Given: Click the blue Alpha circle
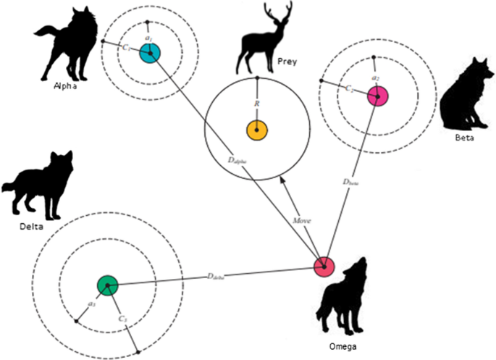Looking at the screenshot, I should [x=149, y=52].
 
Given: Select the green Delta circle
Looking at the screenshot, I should [x=107, y=285].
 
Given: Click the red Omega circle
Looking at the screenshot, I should [x=324, y=266].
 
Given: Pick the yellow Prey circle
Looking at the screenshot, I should [x=257, y=130].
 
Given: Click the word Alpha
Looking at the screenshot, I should [x=64, y=84].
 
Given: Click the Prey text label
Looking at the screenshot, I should [x=287, y=62].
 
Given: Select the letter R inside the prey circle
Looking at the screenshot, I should [x=257, y=104].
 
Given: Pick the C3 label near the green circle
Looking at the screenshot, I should [x=123, y=319].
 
